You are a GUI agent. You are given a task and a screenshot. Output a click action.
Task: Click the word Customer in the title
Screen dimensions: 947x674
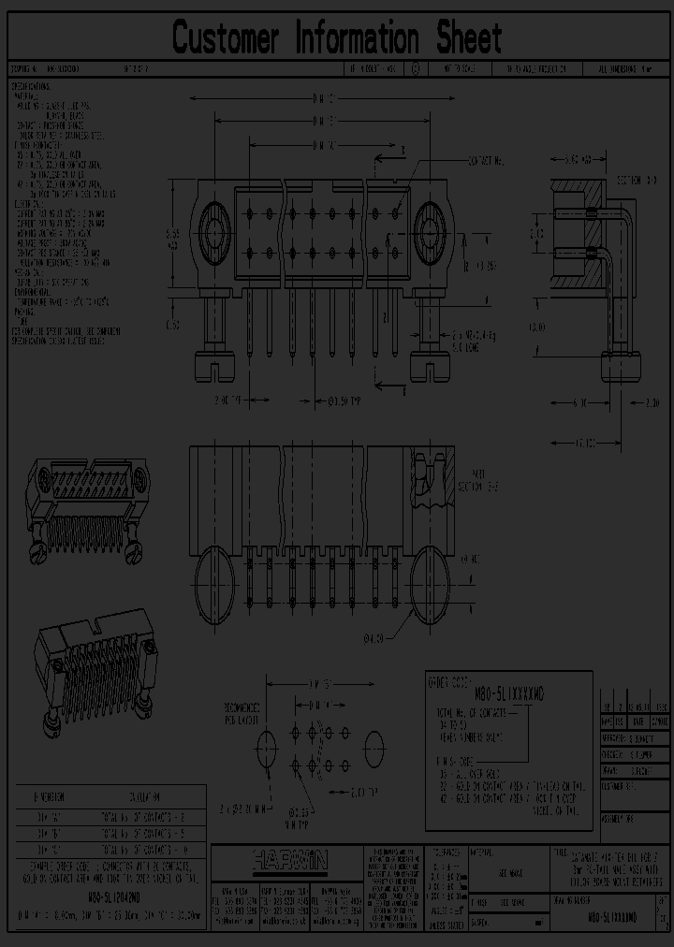click(x=227, y=38)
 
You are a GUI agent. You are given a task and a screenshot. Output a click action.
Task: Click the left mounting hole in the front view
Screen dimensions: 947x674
click(x=213, y=228)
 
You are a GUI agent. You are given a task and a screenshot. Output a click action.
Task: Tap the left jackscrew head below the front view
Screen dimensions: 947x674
click(x=213, y=364)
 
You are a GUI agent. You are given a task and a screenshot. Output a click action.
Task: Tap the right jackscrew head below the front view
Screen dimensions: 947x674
click(x=433, y=364)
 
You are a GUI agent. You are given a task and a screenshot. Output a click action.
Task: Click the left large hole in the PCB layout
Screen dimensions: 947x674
click(x=266, y=748)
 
